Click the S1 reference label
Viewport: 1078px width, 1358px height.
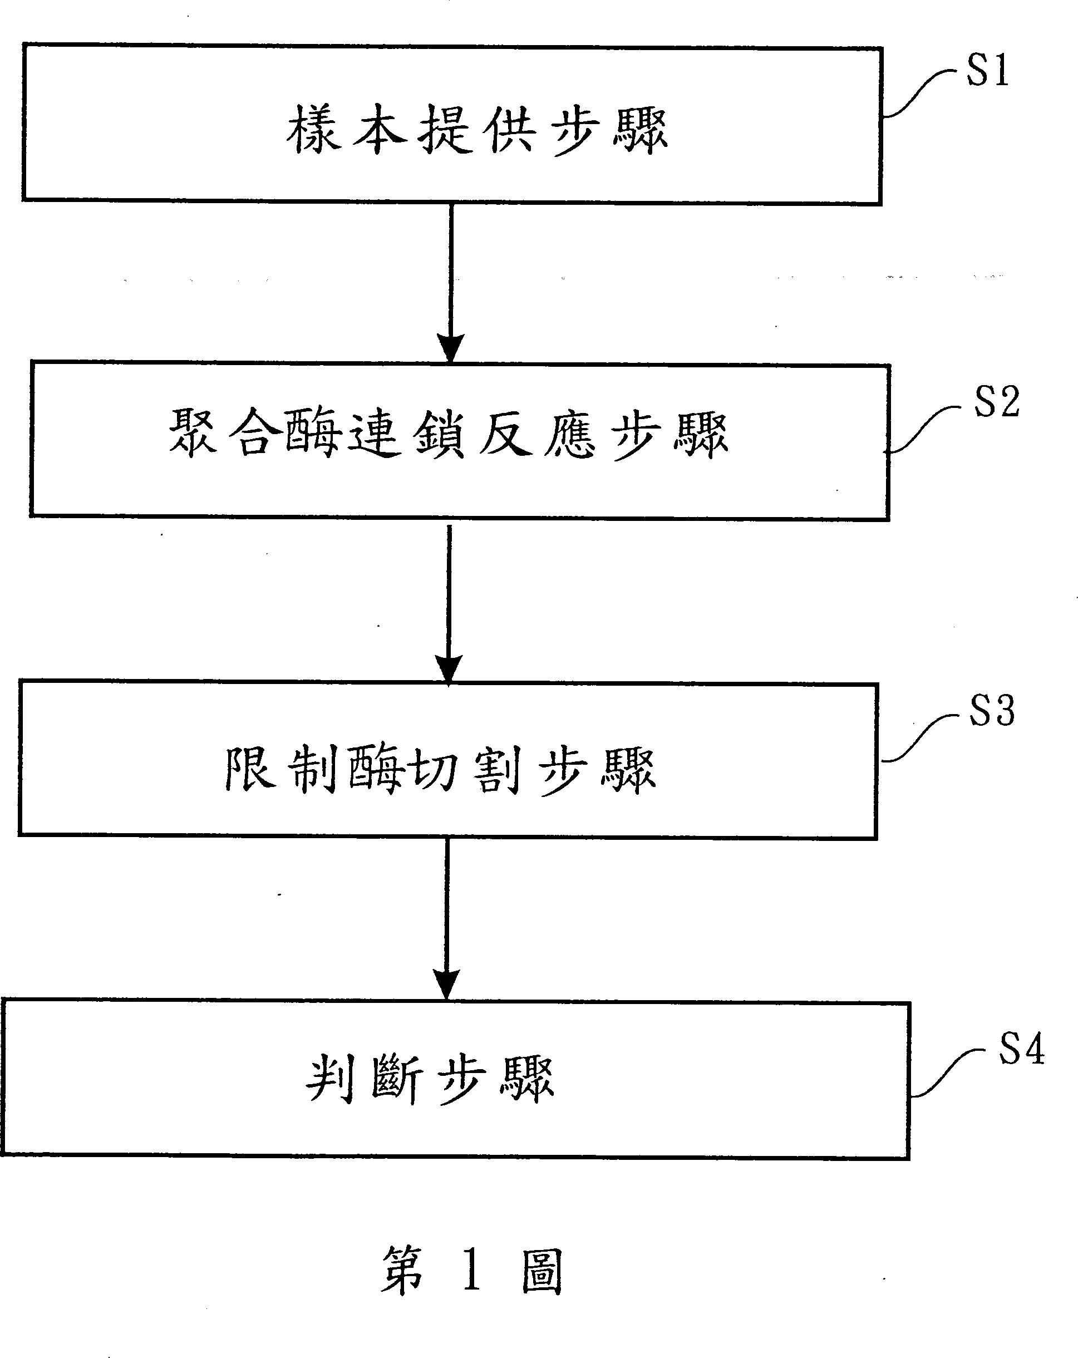pos(988,71)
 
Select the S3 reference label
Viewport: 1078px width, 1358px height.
pos(992,712)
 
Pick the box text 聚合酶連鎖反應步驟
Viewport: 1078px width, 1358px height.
pos(449,435)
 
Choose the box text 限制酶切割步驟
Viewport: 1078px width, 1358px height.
pos(440,770)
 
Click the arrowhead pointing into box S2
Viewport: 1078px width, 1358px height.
pos(451,348)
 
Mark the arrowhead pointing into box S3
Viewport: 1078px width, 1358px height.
pos(449,669)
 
